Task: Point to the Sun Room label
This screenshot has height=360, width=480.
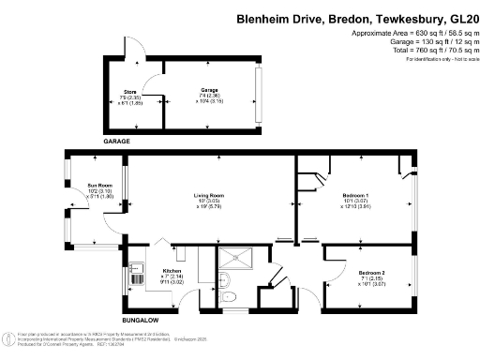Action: pos(99,186)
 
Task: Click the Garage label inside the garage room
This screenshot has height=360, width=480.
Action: pos(208,91)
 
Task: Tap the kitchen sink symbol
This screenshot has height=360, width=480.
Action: pos(136,278)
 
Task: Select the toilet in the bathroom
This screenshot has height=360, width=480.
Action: pos(232,297)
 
